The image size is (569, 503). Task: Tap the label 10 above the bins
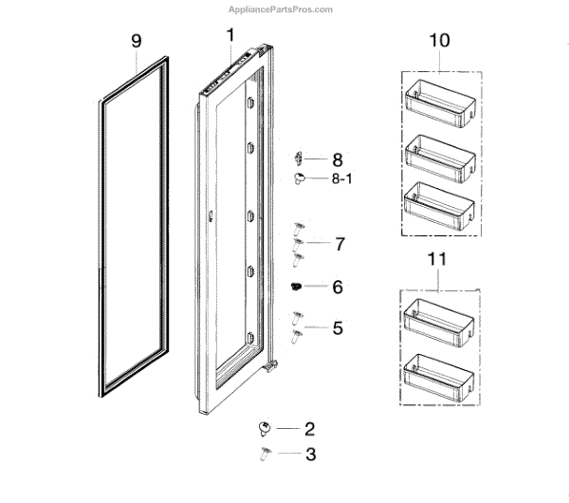[440, 43]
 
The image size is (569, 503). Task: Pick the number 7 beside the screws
[339, 244]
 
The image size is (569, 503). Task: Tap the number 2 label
[310, 429]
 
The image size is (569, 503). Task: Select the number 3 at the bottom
[310, 455]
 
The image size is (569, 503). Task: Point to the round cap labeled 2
[265, 429]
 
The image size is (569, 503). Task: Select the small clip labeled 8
[298, 158]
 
